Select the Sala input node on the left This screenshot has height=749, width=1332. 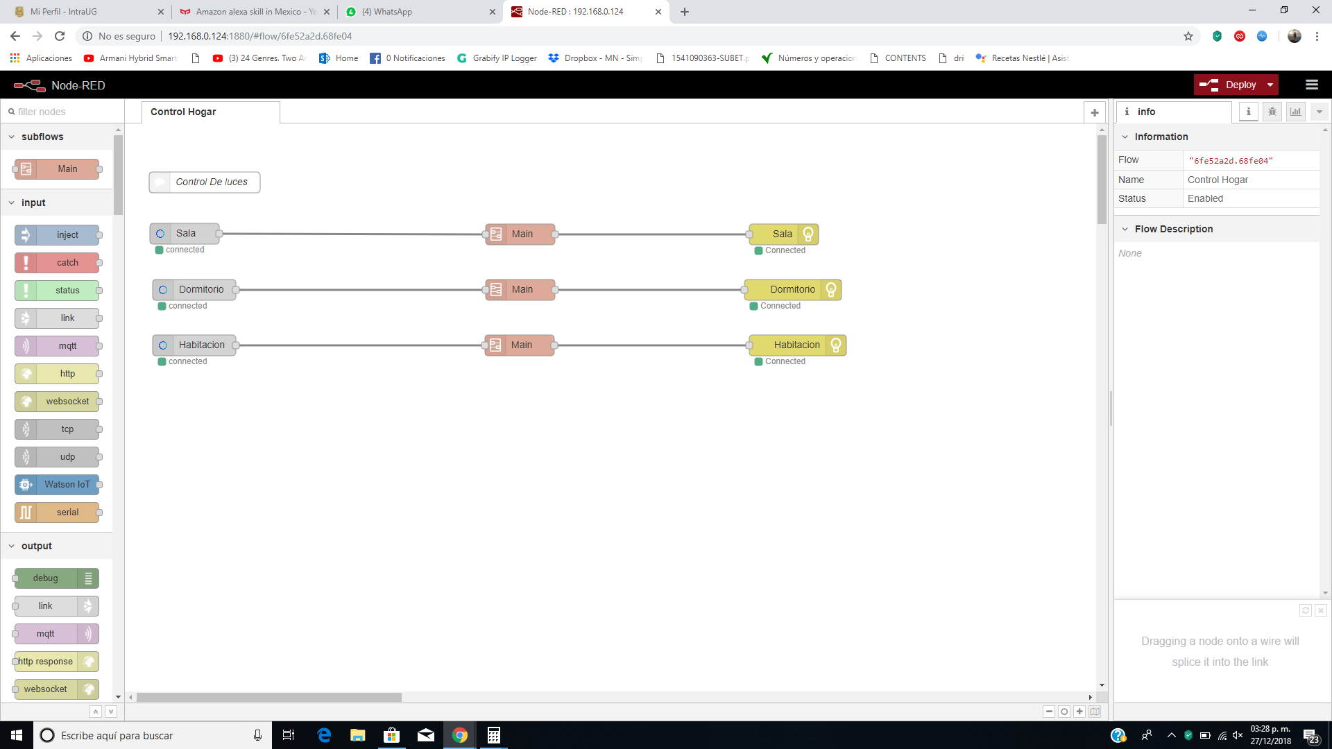(185, 234)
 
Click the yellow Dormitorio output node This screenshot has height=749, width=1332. (793, 290)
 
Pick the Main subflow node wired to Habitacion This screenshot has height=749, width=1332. (520, 345)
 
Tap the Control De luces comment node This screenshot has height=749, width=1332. (205, 182)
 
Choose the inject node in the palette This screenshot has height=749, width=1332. (57, 235)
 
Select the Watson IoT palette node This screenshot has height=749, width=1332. (57, 485)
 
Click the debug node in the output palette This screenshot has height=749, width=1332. (57, 578)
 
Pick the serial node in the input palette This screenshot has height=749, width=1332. (57, 513)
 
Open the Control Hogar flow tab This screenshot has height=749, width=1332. (183, 112)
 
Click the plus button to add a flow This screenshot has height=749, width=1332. (1095, 112)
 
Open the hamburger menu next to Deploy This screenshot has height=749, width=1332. (1312, 85)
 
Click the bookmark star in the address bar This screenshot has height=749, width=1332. (1188, 36)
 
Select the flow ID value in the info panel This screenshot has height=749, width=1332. (1231, 161)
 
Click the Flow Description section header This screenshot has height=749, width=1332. (1173, 229)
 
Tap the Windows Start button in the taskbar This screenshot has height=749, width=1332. (17, 735)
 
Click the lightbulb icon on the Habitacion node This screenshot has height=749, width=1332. (836, 345)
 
